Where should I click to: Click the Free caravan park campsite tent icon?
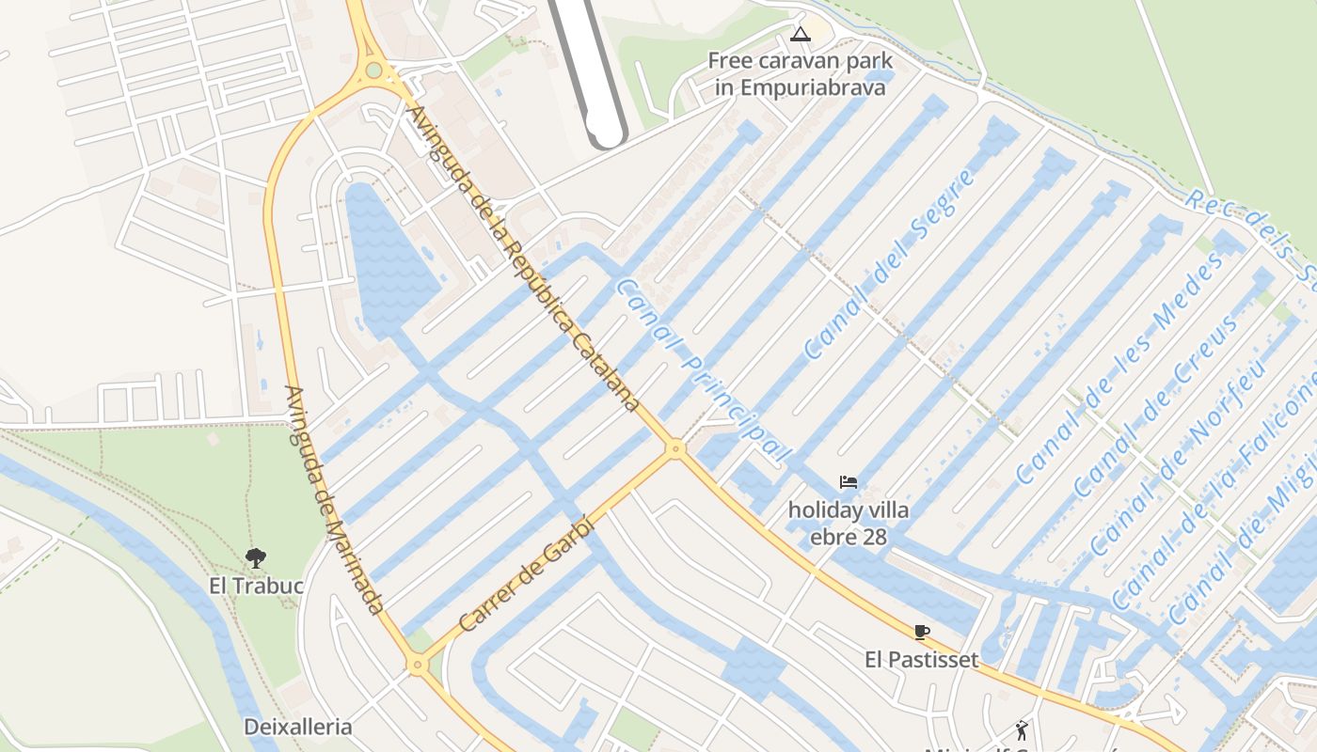800,36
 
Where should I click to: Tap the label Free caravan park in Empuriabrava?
800,74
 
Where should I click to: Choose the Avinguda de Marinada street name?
335,500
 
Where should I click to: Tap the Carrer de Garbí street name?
528,575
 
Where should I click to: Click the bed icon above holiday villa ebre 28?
849,482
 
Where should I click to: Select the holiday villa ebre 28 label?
849,524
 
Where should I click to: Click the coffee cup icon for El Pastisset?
921,632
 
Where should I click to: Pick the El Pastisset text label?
921,660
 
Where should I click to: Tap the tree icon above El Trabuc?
255,558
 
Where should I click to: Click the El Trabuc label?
256,587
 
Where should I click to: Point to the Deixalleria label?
297,727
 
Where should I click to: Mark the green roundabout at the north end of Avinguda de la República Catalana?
374,70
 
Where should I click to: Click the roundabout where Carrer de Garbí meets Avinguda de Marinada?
417,666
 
